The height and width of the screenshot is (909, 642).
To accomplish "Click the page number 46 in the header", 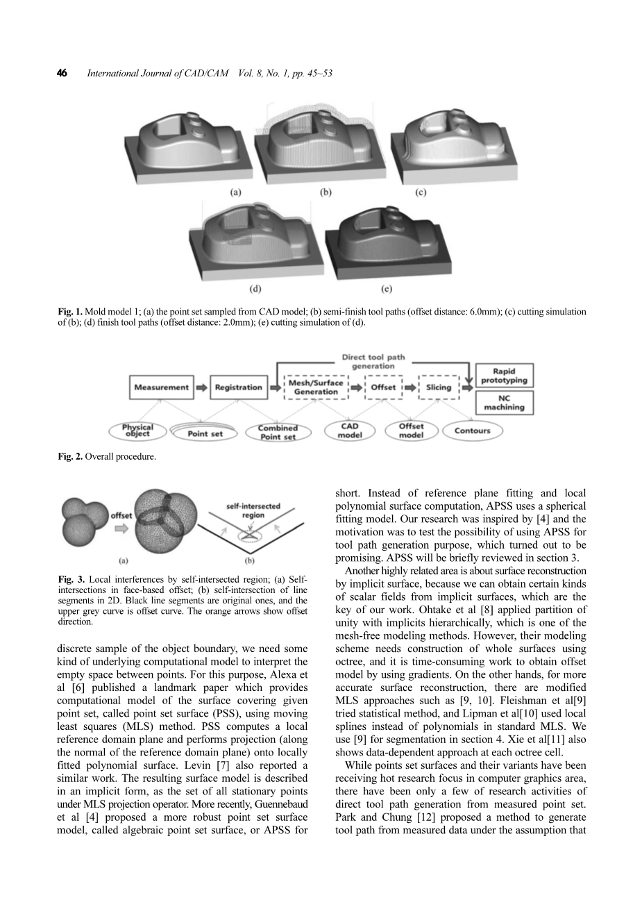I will [x=62, y=73].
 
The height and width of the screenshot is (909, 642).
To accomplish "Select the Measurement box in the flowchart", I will [x=161, y=387].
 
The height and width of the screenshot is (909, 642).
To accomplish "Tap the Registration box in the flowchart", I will [x=238, y=387].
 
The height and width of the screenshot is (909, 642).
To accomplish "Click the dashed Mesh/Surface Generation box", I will [x=316, y=387].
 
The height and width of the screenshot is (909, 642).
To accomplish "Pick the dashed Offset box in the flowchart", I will [x=383, y=387].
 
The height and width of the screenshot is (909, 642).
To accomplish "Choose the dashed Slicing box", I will [x=438, y=387].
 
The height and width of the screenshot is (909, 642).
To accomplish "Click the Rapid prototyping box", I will [x=504, y=376].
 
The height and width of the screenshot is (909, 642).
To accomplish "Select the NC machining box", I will [x=504, y=403].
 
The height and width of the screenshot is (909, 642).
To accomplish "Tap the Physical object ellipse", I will [x=137, y=431].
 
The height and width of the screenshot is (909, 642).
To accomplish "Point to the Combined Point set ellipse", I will [x=278, y=432].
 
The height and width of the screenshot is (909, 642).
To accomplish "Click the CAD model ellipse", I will [x=350, y=431].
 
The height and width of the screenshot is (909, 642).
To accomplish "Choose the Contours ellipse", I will [x=472, y=431].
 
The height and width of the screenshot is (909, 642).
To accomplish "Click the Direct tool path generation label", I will [x=373, y=362].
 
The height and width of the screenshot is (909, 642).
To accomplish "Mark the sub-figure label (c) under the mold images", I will [x=421, y=192].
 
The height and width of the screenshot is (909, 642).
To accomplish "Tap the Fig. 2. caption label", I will [x=70, y=457].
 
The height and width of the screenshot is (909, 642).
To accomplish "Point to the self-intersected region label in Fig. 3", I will [x=253, y=510].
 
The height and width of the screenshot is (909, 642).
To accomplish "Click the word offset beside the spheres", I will [x=121, y=516].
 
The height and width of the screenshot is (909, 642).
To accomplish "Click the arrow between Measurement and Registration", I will [x=202, y=387].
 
